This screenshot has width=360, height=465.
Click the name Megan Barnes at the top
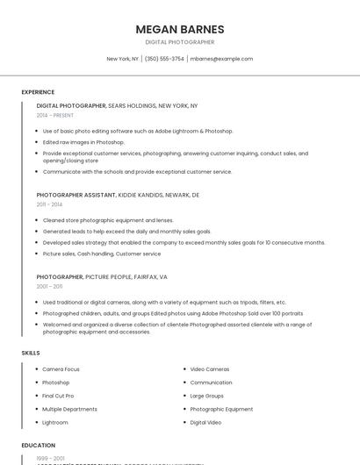[180, 29]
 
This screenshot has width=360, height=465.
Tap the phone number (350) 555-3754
[164, 59]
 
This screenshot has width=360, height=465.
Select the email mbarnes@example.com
[221, 59]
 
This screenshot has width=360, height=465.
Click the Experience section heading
[38, 92]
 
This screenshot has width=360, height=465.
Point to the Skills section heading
[31, 353]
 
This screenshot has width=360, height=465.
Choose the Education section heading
[39, 446]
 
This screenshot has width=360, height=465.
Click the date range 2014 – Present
[55, 115]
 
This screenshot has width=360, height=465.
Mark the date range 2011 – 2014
[49, 204]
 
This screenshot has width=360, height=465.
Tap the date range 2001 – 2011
[49, 286]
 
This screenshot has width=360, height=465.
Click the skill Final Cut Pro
[58, 396]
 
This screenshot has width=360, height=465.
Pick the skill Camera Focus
[61, 369]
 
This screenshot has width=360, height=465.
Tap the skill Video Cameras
[210, 369]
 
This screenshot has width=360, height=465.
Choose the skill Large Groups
[207, 396]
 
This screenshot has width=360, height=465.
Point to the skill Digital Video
[205, 422]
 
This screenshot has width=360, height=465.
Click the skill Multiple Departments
[69, 409]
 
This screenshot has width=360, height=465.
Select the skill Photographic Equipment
[221, 409]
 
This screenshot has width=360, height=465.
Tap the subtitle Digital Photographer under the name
[180, 42]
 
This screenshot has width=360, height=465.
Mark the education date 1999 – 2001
[50, 458]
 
